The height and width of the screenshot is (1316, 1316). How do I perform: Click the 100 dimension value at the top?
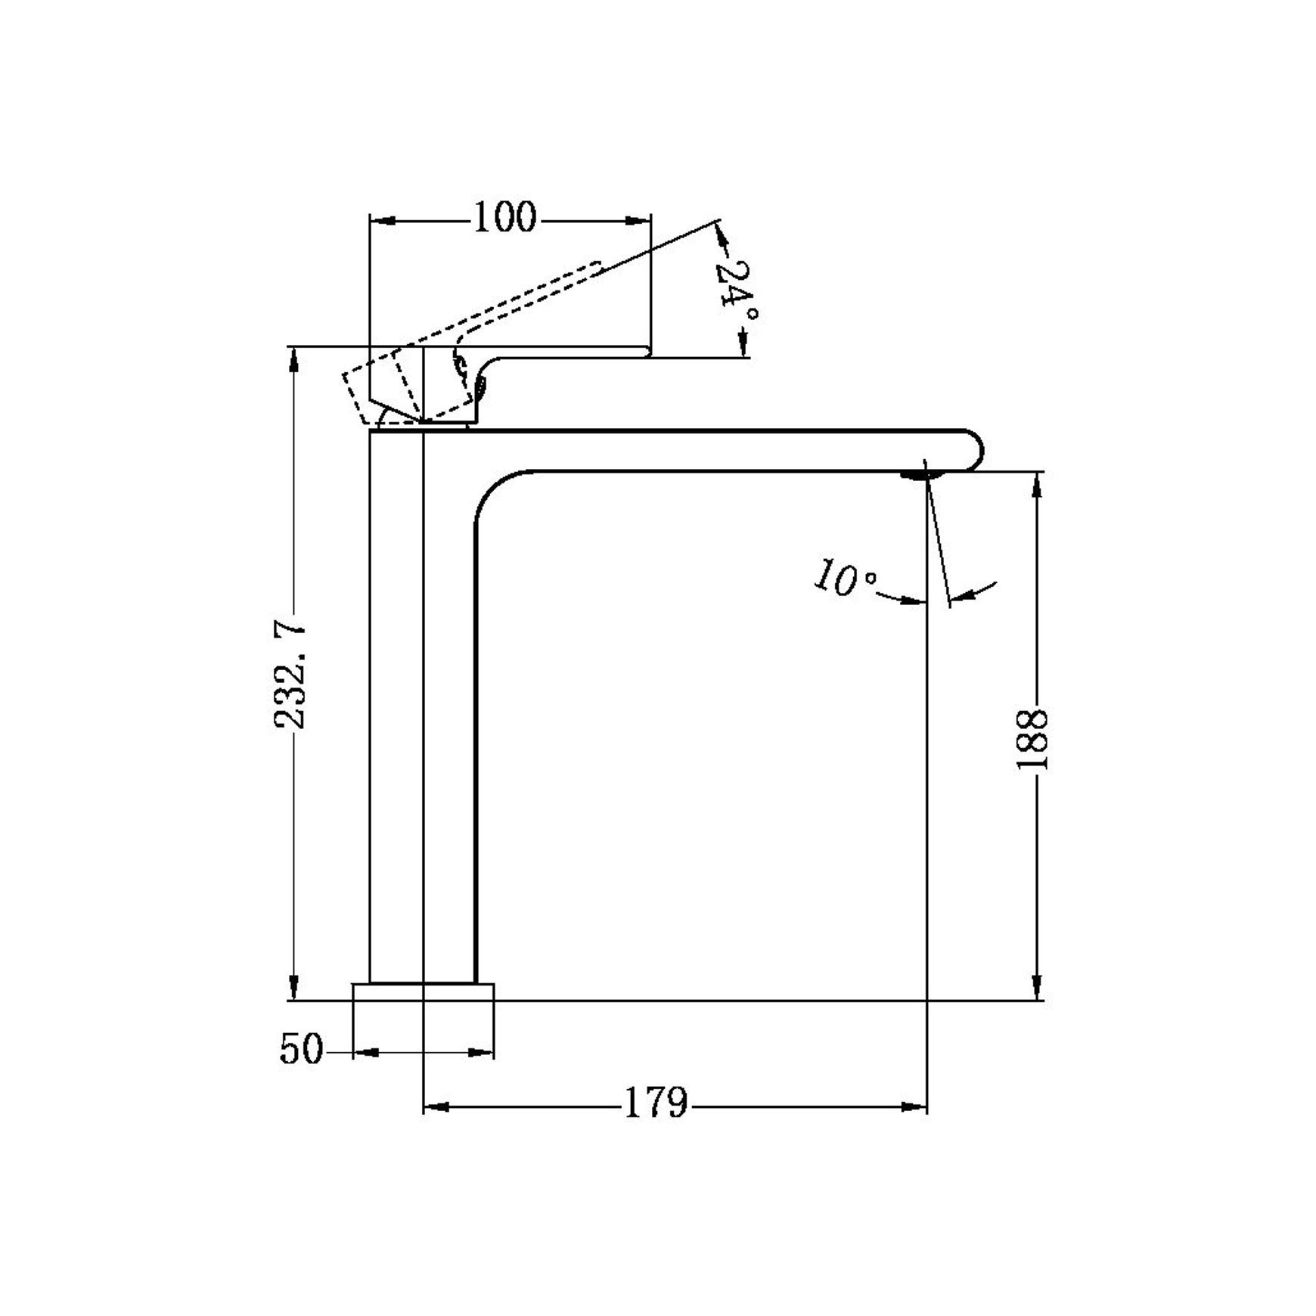504,218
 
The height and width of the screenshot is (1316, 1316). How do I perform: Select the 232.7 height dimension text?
290,676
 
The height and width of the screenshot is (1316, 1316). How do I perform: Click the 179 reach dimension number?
656,1103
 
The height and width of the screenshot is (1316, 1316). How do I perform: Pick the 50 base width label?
301,1049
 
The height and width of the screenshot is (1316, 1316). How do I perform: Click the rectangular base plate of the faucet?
424,992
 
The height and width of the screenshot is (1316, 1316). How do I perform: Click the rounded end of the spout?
973,451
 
